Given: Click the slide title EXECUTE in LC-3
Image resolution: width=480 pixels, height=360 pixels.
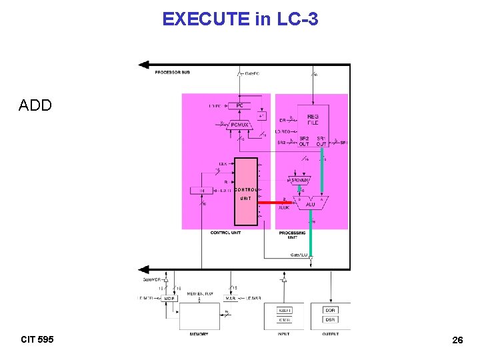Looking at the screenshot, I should click(x=240, y=19).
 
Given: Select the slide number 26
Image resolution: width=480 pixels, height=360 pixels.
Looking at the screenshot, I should click(x=457, y=340).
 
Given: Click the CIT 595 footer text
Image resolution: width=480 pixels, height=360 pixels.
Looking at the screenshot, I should click(x=37, y=339).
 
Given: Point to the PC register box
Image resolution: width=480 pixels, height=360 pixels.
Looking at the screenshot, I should click(x=239, y=105).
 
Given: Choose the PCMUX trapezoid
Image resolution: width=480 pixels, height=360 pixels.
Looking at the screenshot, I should click(x=239, y=124).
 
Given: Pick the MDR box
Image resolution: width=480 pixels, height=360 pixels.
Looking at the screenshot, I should click(x=169, y=298).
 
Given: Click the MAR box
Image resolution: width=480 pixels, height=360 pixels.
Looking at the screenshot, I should click(x=229, y=298).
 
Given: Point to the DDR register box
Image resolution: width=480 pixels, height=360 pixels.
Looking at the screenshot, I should click(x=331, y=310).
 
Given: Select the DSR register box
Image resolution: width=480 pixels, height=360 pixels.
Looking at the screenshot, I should click(x=331, y=320).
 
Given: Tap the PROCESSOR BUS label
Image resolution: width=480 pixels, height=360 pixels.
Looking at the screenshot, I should click(x=172, y=72).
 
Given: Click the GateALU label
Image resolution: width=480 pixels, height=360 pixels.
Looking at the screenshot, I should click(x=299, y=255).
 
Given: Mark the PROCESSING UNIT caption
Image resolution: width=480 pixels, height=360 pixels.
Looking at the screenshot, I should click(x=293, y=235).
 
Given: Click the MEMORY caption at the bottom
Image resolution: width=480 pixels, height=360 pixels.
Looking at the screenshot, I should click(x=199, y=334).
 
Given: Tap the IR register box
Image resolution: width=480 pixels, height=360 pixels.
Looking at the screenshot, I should click(x=202, y=191).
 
